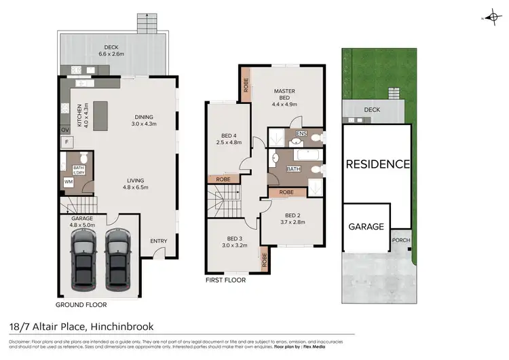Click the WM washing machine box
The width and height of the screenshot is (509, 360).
tap(68, 181)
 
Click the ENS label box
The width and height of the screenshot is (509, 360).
tap(302, 133)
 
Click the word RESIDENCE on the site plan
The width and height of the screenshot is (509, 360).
tap(377, 164)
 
